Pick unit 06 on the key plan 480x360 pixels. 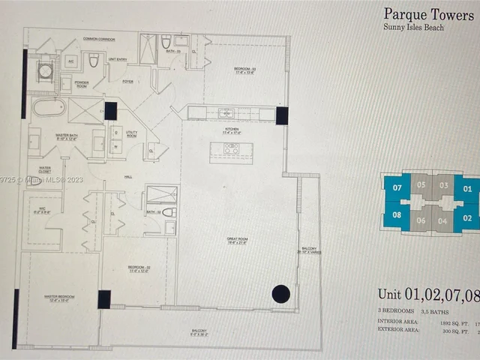(421, 220)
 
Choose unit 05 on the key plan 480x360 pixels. (421, 184)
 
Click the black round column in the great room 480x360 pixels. (280, 295)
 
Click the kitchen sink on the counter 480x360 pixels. (225, 114)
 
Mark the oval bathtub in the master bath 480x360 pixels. (48, 109)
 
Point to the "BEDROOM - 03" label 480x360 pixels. (244, 70)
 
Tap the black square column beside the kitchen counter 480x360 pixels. (282, 115)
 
